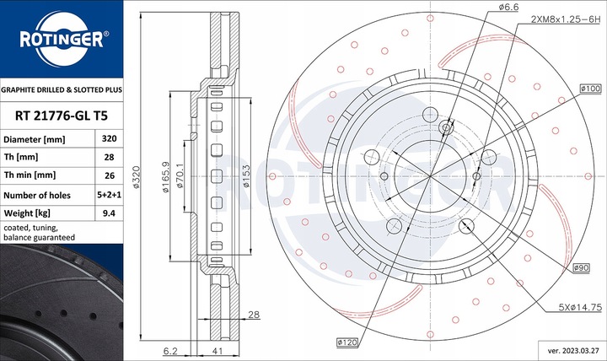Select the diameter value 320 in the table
coord(108,138)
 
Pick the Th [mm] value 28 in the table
coord(108,157)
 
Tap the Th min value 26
coord(108,175)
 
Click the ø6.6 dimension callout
coord(508,7)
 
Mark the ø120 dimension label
coord(347,342)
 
